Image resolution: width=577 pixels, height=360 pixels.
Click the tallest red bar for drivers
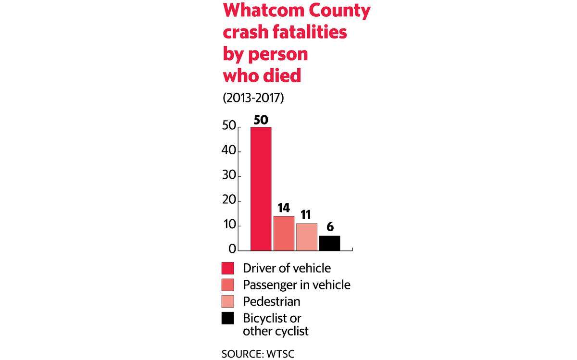tap(261, 189)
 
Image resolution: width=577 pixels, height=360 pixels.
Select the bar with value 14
tap(284, 233)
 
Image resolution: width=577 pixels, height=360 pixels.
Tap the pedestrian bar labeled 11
tap(307, 237)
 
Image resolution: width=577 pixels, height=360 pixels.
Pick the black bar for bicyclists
tap(329, 243)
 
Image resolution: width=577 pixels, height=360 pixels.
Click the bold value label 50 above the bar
tap(261, 120)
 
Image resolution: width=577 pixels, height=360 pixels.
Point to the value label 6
tap(330, 227)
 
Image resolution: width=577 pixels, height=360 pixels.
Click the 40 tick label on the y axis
tap(229, 150)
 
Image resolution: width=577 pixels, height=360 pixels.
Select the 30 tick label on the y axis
tap(229, 175)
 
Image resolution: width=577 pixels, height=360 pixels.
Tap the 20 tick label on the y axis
tap(229, 200)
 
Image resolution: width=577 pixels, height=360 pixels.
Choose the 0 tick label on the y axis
tap(232, 249)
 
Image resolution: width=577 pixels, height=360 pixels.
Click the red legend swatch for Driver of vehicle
tap(228, 268)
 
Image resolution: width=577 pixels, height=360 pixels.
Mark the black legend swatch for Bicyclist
tap(228, 318)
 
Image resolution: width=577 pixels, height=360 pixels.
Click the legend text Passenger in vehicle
tap(297, 285)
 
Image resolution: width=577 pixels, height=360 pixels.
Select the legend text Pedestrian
tap(272, 301)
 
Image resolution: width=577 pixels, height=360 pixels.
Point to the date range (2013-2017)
tap(253, 98)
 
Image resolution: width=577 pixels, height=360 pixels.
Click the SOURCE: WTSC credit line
tap(258, 354)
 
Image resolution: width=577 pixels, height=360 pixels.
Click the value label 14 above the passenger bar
tap(284, 208)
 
